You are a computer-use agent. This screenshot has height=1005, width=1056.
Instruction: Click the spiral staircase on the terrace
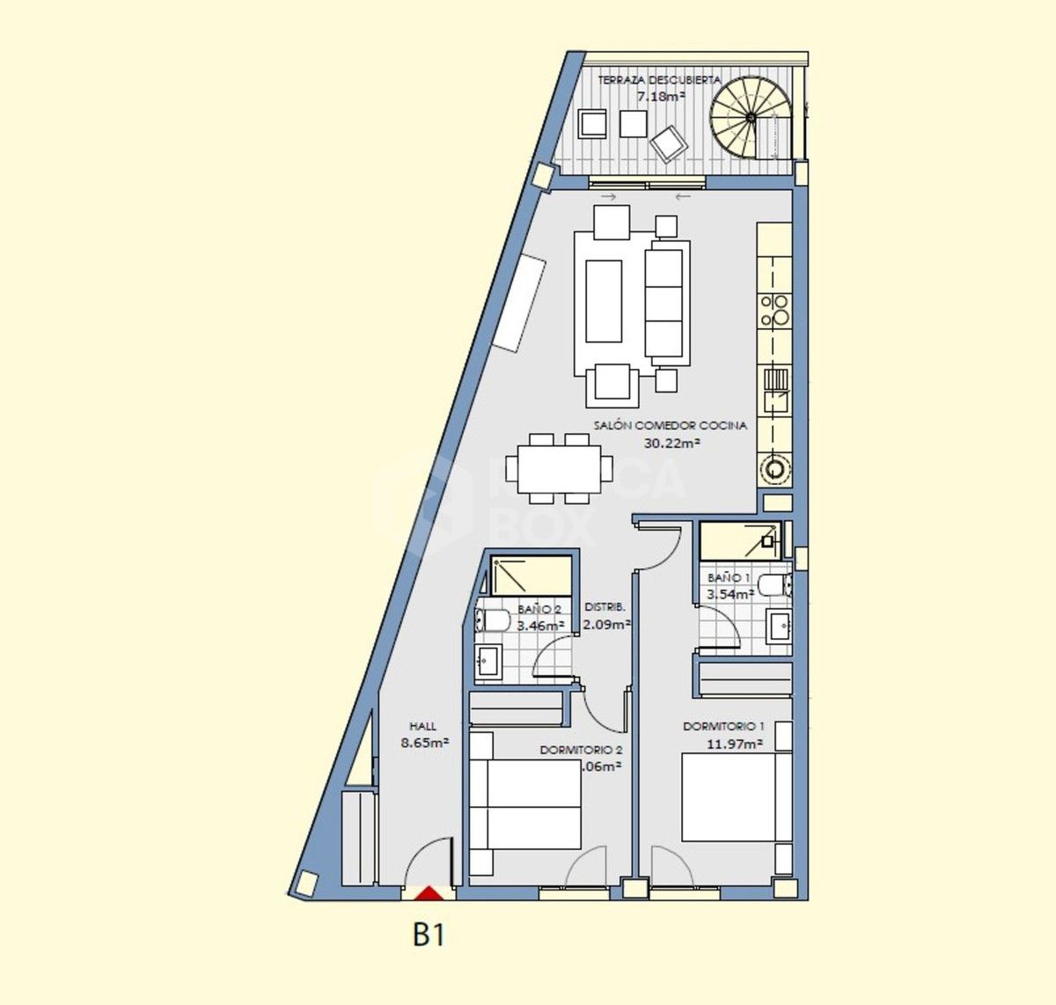(x=750, y=115)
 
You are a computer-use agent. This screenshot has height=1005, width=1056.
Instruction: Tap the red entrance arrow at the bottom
(x=429, y=893)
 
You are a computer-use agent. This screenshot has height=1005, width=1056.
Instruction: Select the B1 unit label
(x=429, y=935)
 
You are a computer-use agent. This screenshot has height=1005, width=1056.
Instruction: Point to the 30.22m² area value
(x=671, y=444)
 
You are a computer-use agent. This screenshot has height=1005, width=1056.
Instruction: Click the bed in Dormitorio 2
(x=525, y=803)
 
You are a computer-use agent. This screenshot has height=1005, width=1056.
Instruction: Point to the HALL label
(x=422, y=727)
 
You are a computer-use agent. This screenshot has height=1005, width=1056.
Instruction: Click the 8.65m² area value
(x=425, y=743)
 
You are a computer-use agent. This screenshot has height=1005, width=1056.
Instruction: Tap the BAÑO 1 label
(x=729, y=578)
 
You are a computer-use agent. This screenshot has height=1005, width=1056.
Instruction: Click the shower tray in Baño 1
(x=740, y=539)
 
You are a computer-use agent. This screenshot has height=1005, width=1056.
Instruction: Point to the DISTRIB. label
(x=605, y=607)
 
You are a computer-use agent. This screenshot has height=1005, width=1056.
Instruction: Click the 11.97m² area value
(x=734, y=744)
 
